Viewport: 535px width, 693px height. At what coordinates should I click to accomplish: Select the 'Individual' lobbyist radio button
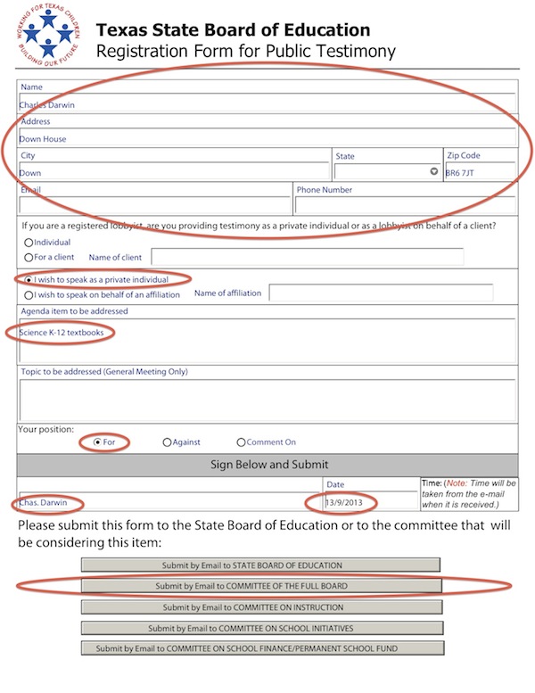point(29,242)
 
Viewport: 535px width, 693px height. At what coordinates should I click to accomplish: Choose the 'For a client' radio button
point(29,258)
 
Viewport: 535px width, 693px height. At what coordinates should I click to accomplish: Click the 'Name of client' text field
point(307,258)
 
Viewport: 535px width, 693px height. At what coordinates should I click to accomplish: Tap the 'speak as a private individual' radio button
point(29,278)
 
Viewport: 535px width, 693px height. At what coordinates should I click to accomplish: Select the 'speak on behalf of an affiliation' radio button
point(29,293)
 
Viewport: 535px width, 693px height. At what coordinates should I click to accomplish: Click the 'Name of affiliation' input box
point(381,293)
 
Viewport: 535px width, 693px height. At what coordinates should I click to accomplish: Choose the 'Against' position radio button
point(167,441)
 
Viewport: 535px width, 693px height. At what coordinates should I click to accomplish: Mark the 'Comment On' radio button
point(241,441)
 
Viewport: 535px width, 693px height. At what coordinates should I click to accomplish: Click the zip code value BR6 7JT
point(460,173)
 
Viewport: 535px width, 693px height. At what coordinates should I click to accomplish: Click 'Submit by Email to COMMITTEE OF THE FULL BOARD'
point(261,586)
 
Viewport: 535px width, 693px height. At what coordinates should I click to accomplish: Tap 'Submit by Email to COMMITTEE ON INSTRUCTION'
point(261,606)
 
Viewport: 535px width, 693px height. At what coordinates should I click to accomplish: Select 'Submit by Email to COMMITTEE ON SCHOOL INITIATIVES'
point(261,628)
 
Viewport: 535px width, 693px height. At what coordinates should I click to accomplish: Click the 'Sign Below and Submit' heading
point(269,464)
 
